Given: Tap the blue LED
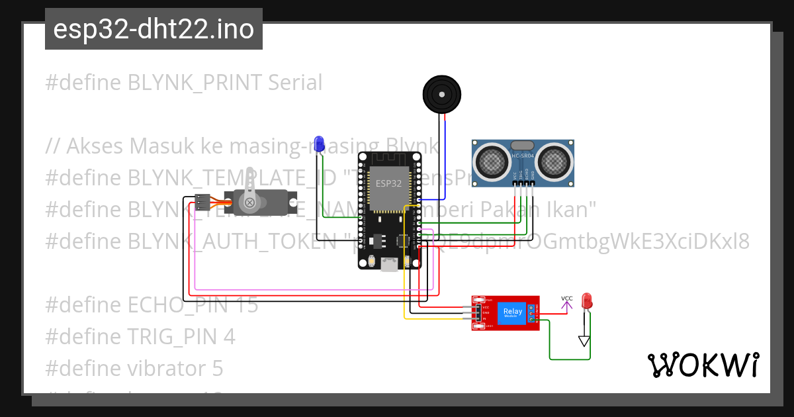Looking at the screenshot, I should click(x=319, y=143).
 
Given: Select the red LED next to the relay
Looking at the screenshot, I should click(x=586, y=301).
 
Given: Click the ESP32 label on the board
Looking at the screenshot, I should click(x=388, y=183).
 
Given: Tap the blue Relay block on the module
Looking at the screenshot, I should click(x=513, y=312).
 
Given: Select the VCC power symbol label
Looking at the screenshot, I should click(x=566, y=299).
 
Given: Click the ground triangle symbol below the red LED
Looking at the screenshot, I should click(x=584, y=341).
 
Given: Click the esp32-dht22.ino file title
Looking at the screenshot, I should click(x=154, y=30).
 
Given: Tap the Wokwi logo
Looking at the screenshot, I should click(x=702, y=365).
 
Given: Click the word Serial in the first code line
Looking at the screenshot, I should click(x=295, y=83).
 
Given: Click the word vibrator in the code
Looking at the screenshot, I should click(x=167, y=368).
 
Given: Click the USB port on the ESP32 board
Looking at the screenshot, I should click(x=388, y=264).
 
